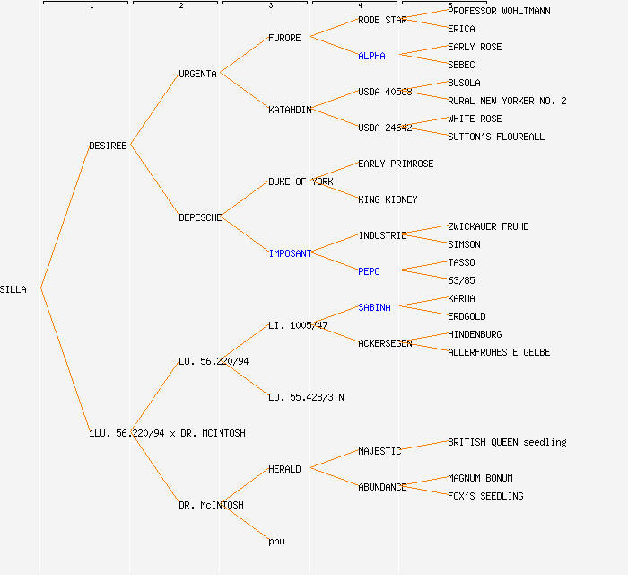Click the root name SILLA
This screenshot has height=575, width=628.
(x=13, y=289)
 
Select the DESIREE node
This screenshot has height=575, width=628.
(x=109, y=146)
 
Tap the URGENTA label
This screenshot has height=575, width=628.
(x=197, y=74)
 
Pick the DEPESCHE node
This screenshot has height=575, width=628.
(x=200, y=217)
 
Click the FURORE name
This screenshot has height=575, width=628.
(x=284, y=38)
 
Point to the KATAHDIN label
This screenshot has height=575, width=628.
(x=290, y=110)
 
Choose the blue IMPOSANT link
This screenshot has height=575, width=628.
(x=290, y=253)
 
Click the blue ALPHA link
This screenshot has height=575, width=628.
(x=371, y=56)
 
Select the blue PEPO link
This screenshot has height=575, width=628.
(x=369, y=271)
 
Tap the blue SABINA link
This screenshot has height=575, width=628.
(x=374, y=307)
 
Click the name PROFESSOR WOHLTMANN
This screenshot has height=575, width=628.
(x=499, y=11)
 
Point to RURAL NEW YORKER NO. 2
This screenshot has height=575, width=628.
(x=507, y=101)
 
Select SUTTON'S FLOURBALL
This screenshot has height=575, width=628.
(x=496, y=137)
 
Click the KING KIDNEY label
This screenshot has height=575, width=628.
(x=388, y=199)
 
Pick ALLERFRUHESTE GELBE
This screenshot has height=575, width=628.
(x=499, y=352)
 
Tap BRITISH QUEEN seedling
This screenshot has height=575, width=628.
(x=507, y=442)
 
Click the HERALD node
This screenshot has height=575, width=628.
(x=284, y=469)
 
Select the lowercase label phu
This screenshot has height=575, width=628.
(x=276, y=541)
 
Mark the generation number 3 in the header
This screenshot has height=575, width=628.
(x=270, y=6)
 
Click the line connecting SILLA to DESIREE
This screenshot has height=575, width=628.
(x=65, y=217)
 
